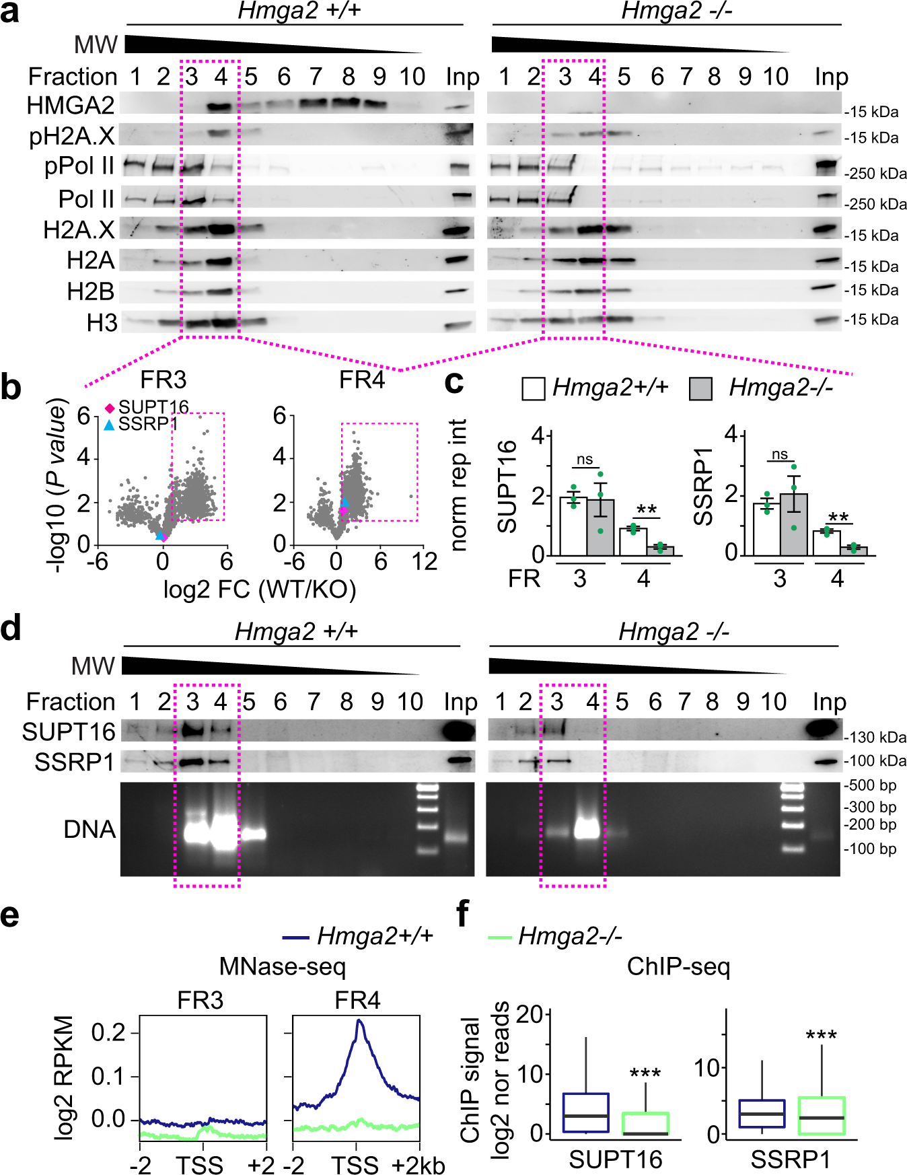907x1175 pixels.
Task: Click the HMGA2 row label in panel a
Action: (x=71, y=106)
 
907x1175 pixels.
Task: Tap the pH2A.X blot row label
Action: (x=72, y=137)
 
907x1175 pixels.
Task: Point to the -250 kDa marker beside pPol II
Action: (x=875, y=174)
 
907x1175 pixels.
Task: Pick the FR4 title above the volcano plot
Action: (x=361, y=380)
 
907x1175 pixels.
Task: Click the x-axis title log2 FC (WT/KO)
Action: (x=259, y=590)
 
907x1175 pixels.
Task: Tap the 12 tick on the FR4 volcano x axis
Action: (x=425, y=562)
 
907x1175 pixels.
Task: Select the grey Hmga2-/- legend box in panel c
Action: (x=700, y=389)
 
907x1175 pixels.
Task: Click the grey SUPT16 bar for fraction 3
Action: (x=600, y=528)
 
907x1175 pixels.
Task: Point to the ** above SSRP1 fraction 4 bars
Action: (x=838, y=517)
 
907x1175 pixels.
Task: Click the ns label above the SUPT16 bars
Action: (x=585, y=460)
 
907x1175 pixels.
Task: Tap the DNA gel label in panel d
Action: (x=89, y=829)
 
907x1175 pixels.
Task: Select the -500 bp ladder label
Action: (x=870, y=785)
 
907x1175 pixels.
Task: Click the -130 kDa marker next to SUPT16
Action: (x=875, y=738)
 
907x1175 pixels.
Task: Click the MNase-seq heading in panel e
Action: (x=282, y=967)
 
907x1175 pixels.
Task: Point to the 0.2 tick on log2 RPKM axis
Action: (x=108, y=1032)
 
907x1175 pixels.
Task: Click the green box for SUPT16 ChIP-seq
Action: (x=645, y=1123)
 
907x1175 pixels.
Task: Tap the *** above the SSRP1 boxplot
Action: (x=821, y=1034)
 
